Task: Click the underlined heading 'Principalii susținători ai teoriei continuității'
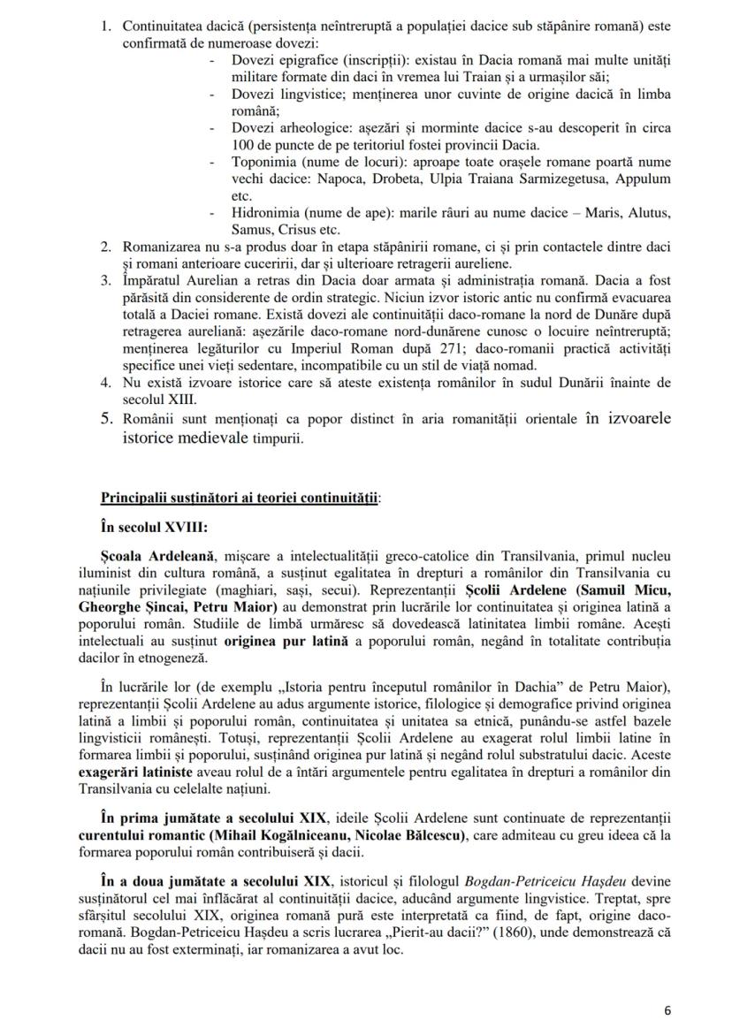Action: (241, 498)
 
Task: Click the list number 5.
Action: (105, 418)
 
